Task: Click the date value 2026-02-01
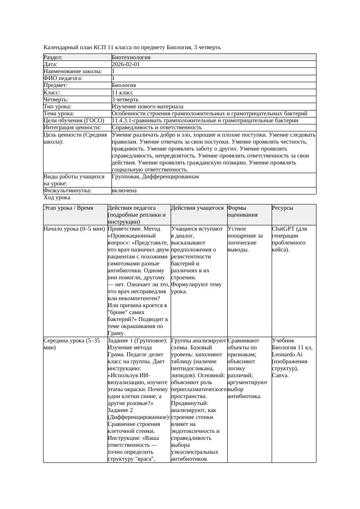126,64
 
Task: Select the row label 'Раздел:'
53,57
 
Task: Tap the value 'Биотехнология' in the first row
131,57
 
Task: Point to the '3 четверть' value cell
125,100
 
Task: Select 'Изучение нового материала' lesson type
148,107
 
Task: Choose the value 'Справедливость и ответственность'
157,127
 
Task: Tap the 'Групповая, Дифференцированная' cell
155,177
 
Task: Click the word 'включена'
124,191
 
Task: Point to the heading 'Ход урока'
57,198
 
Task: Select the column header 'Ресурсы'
283,208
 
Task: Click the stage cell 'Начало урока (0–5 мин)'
74,229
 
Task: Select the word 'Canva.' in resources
280,375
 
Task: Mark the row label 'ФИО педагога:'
63,78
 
